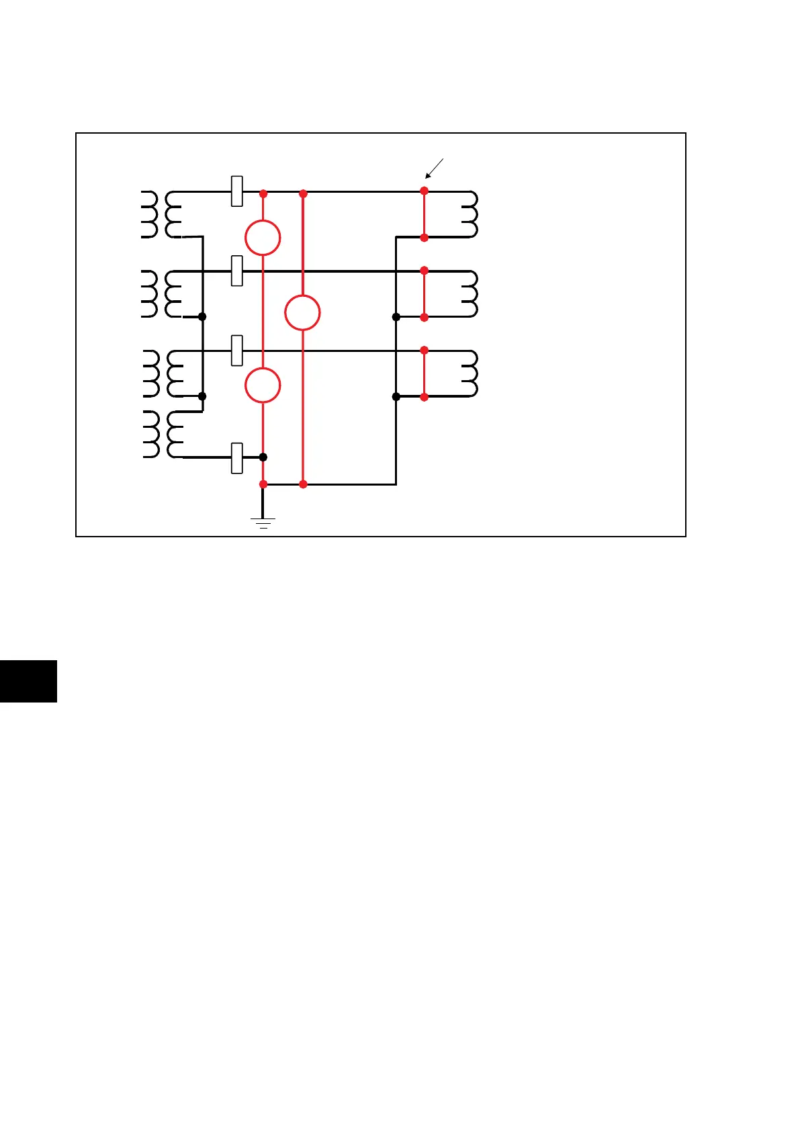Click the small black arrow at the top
point(434,168)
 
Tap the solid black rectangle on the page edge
point(28,681)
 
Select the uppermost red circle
point(263,238)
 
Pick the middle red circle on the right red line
point(302,313)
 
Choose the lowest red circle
point(263,386)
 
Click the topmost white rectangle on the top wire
point(236,191)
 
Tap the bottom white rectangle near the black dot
point(236,458)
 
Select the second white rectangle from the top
point(236,271)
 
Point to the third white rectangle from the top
point(236,351)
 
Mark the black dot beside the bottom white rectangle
point(263,457)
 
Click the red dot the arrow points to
point(424,191)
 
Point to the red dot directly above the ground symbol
point(263,484)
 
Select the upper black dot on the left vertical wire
point(202,316)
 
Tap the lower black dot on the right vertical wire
point(396,397)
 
